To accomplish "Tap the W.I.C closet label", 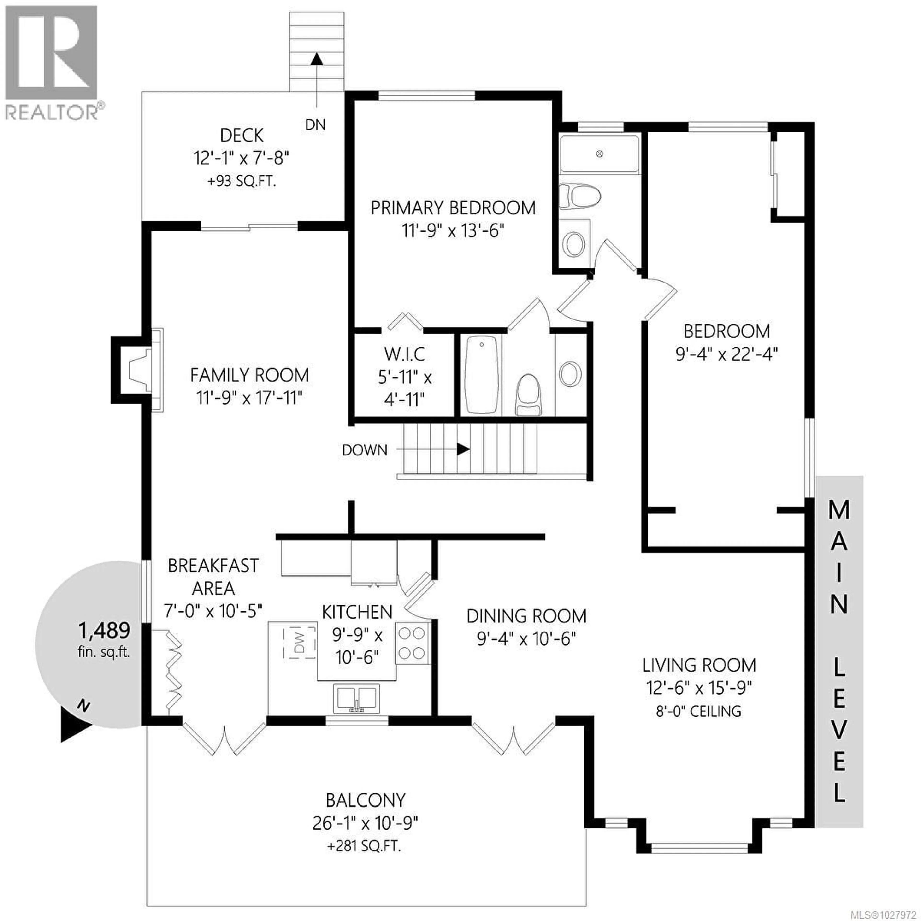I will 404,354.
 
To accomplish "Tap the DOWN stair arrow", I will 462,449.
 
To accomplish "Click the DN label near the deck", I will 315,125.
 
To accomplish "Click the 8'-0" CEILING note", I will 698,712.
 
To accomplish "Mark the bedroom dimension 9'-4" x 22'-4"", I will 726,354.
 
